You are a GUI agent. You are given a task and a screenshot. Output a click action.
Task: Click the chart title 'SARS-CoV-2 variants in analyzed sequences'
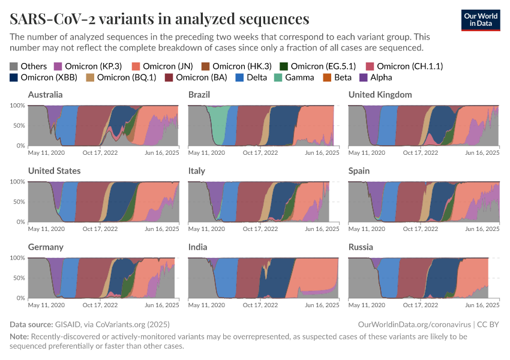(160, 19)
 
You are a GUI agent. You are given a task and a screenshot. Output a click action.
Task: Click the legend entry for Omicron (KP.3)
(88, 66)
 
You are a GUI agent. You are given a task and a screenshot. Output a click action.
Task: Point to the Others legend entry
(28, 66)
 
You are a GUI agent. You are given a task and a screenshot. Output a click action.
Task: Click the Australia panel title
(46, 95)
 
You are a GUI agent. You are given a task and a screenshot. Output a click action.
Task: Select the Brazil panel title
(199, 95)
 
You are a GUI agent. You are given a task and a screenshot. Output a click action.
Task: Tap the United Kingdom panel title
(380, 95)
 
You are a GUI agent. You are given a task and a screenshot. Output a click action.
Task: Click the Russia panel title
(361, 247)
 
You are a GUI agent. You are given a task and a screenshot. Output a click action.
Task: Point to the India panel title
(197, 247)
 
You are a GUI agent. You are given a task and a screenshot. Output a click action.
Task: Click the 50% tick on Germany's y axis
(18, 278)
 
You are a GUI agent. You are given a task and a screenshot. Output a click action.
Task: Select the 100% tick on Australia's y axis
(17, 106)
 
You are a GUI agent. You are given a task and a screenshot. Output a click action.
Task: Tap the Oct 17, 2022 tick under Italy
(260, 229)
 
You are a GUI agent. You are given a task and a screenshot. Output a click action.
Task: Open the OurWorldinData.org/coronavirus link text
(412, 325)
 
